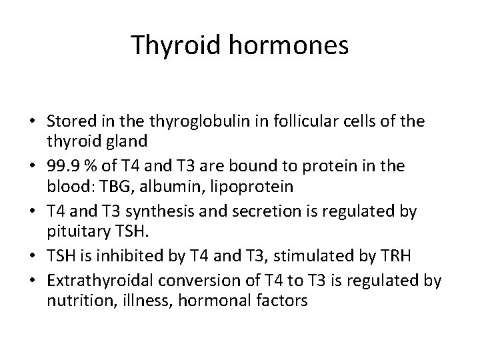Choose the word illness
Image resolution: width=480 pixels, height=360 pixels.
click(140, 301)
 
